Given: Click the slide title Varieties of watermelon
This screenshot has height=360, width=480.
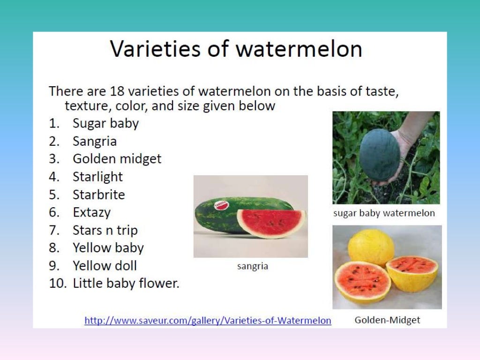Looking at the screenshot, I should pos(236,49).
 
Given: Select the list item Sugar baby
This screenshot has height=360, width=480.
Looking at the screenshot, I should pos(105,124).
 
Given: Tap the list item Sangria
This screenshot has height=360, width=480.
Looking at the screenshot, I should pos(95,142).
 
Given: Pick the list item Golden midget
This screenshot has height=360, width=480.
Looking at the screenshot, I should pos(117,159).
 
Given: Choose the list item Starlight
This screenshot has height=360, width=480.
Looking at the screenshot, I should pos(97,177).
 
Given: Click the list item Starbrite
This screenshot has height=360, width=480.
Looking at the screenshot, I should pos(98,195).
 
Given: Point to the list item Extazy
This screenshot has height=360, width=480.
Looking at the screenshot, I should pos(91,212).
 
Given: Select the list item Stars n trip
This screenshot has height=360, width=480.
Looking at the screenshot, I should pos(105,230).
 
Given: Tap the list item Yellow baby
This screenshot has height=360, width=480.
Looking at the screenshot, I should pos(108,247).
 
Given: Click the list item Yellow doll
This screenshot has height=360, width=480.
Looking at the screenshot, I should pos(105,266).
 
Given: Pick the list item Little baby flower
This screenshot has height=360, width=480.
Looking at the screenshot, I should pos(126,284).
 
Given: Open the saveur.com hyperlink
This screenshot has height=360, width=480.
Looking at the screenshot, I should pos(208,321).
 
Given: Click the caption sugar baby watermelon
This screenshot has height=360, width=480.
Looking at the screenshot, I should pos(384,213).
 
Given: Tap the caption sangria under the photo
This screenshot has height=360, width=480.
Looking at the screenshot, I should pos(253,266).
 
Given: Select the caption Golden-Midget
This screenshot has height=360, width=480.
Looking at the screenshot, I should pos(387,320).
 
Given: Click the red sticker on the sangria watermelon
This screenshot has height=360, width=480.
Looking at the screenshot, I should pos(220,205).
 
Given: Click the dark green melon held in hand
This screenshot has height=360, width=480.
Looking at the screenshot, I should pos(379,155).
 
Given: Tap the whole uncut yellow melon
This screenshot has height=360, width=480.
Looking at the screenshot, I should pos(371,247).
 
